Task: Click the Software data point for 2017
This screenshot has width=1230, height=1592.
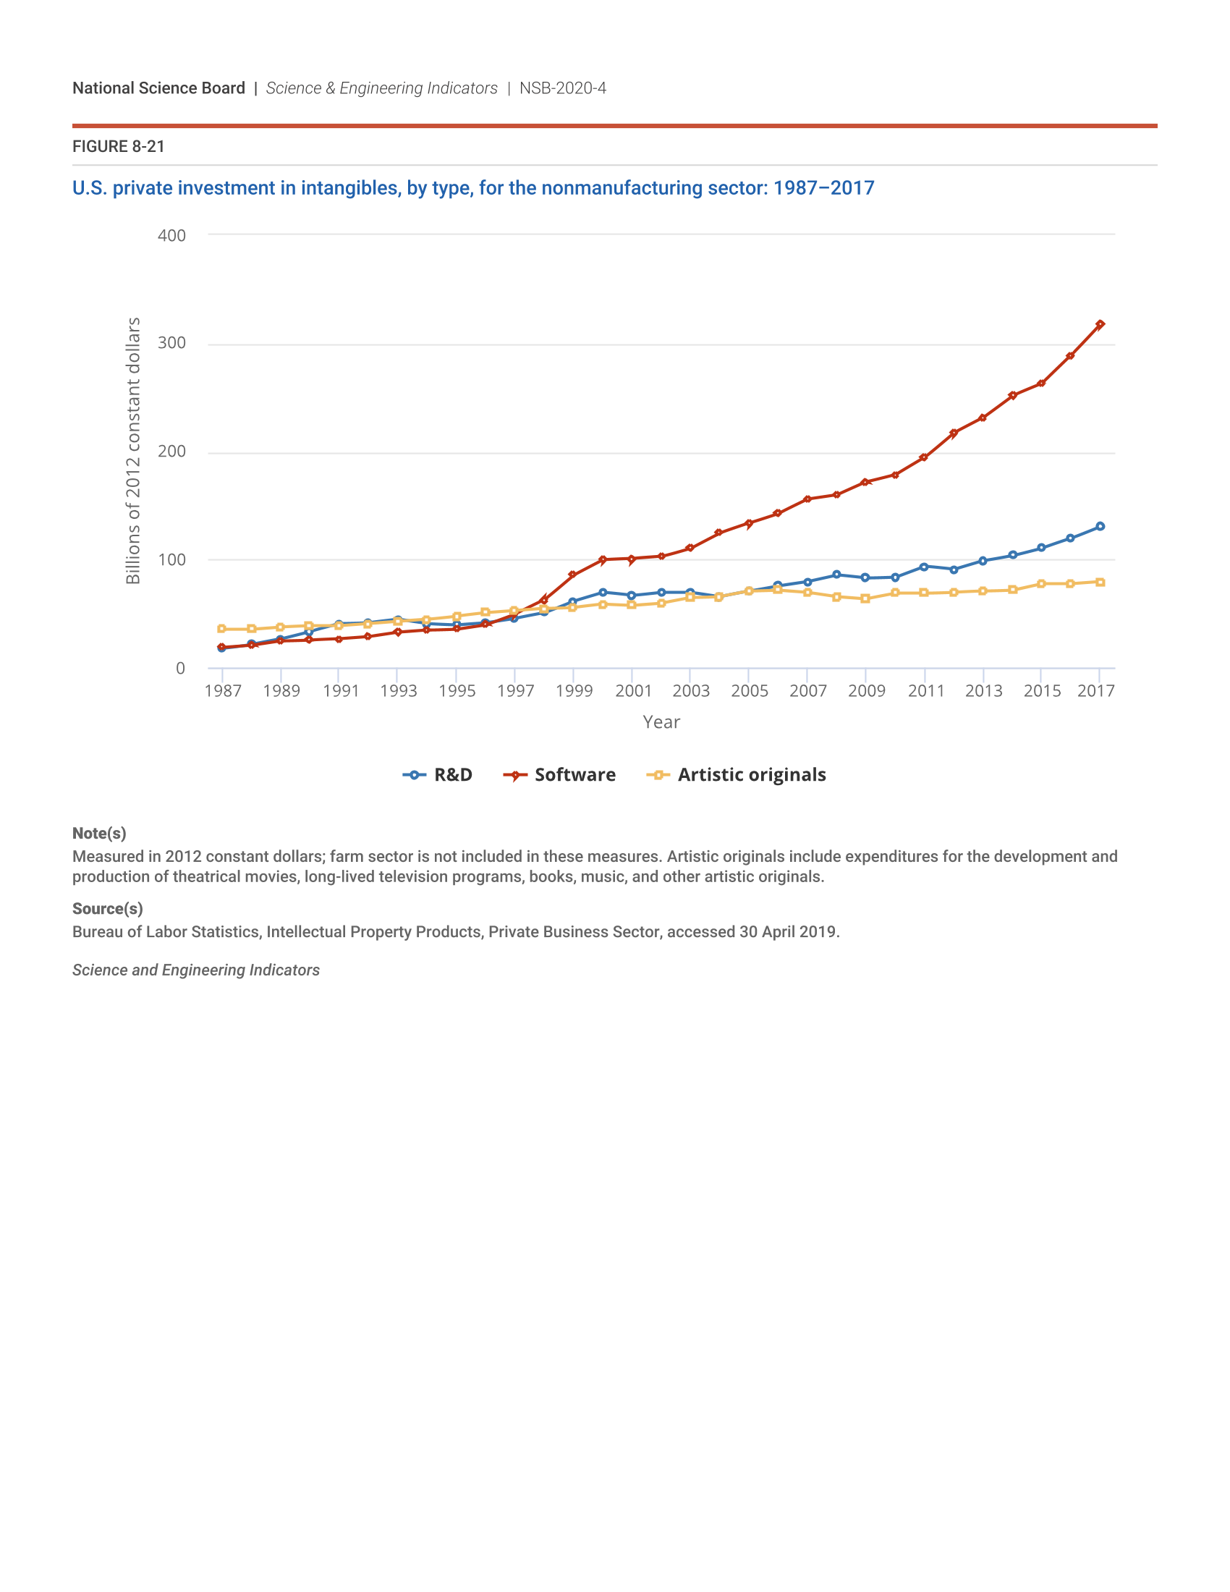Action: point(1100,324)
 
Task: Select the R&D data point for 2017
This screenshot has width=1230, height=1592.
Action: point(1100,526)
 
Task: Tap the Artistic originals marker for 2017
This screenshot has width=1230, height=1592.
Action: point(1100,583)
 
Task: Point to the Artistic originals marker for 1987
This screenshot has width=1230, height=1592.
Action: point(221,629)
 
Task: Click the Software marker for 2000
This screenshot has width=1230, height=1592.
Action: point(603,560)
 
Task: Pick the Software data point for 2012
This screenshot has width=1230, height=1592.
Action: point(953,433)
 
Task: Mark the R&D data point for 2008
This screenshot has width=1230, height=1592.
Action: point(836,575)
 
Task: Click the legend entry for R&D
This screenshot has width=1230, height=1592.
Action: point(438,775)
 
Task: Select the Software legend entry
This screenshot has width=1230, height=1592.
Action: point(559,775)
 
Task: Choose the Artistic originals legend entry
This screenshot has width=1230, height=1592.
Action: point(737,775)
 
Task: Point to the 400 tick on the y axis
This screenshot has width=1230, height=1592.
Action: point(172,235)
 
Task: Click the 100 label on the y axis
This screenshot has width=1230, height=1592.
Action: point(172,560)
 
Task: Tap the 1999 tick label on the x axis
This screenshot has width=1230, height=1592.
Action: point(574,691)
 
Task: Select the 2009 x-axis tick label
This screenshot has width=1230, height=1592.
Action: point(866,691)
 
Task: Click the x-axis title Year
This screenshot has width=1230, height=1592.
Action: point(661,722)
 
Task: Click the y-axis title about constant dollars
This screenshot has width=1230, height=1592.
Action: point(132,451)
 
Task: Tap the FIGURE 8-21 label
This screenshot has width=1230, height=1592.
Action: point(118,146)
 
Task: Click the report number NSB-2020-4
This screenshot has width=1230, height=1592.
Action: point(562,88)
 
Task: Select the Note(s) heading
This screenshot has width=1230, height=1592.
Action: point(99,833)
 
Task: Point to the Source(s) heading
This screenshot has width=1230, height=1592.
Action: point(107,909)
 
